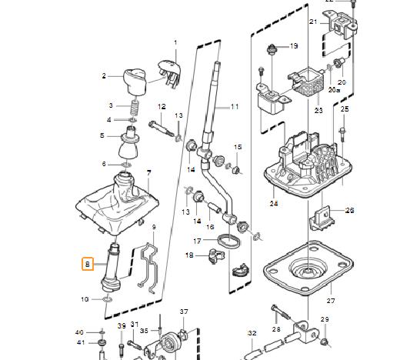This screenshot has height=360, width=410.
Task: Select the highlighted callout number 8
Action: click(x=88, y=264)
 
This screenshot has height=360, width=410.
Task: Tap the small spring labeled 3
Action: click(x=132, y=107)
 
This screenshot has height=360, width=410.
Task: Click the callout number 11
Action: click(x=235, y=105)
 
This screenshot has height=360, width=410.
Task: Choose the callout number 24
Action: click(x=273, y=204)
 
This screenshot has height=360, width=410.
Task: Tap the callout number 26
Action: click(x=350, y=209)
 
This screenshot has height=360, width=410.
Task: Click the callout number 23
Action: click(x=318, y=111)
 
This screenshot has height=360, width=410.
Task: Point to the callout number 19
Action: click(x=293, y=46)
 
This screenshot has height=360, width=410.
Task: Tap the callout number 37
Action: click(x=183, y=312)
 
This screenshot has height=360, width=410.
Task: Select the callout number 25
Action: click(x=345, y=110)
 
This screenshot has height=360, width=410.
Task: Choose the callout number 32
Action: click(x=251, y=333)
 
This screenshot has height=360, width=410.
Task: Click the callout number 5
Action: click(x=102, y=135)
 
